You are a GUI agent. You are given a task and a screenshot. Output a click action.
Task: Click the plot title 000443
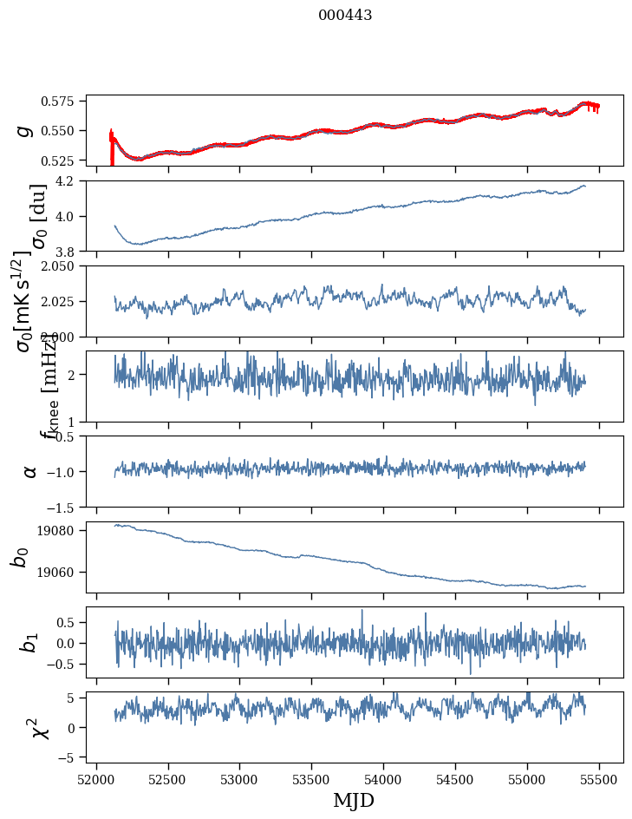pyautogui.click(x=345, y=16)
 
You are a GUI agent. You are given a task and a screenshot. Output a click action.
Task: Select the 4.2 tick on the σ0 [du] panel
pyautogui.click(x=72, y=181)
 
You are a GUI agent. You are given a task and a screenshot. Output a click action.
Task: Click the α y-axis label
pyautogui.click(x=30, y=471)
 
